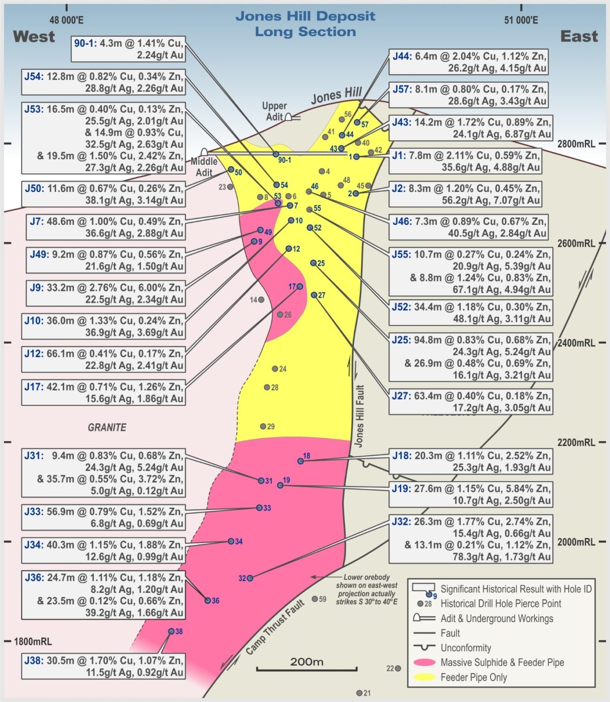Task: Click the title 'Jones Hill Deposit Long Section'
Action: point(305,24)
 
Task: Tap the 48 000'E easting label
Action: point(66,20)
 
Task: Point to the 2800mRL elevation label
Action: point(576,144)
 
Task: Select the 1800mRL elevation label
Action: point(33,641)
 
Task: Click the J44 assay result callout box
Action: point(469,62)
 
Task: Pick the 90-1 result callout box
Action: point(128,49)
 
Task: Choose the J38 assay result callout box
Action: point(103,666)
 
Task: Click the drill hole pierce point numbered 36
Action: point(208,601)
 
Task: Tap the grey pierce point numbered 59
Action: point(315,599)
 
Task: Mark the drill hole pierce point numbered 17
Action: point(300,287)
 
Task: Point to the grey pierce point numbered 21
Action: point(360,693)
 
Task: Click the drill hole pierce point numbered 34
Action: point(231,541)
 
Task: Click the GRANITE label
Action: point(107,427)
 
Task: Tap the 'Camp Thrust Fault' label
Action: point(275,627)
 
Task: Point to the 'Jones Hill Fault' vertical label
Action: point(360,416)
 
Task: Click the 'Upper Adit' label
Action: point(274,111)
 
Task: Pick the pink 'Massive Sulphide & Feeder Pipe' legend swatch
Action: point(424,662)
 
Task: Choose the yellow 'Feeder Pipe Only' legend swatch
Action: point(424,677)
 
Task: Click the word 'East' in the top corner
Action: point(579,37)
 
